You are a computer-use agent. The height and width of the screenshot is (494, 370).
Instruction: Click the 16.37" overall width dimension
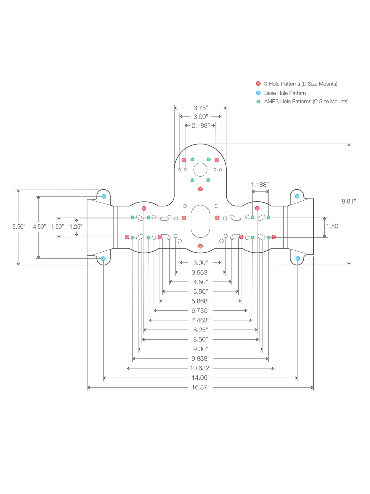tap(200, 387)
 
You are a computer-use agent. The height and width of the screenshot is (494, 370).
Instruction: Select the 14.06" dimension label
tap(200, 378)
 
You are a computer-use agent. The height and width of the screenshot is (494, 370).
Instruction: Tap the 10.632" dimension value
tap(200, 368)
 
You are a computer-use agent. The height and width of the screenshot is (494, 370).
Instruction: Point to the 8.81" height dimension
tap(349, 201)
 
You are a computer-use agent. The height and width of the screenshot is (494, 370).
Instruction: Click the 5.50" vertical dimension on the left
tap(19, 227)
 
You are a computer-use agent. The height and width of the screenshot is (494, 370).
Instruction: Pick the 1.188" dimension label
tap(260, 185)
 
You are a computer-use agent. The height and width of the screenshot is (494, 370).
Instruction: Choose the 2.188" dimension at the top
tap(200, 125)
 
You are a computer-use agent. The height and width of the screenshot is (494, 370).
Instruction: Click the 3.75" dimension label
tap(200, 108)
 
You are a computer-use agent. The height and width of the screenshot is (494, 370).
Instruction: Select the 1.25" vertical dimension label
tap(76, 227)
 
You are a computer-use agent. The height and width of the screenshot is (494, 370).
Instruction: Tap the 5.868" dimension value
tap(200, 301)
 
